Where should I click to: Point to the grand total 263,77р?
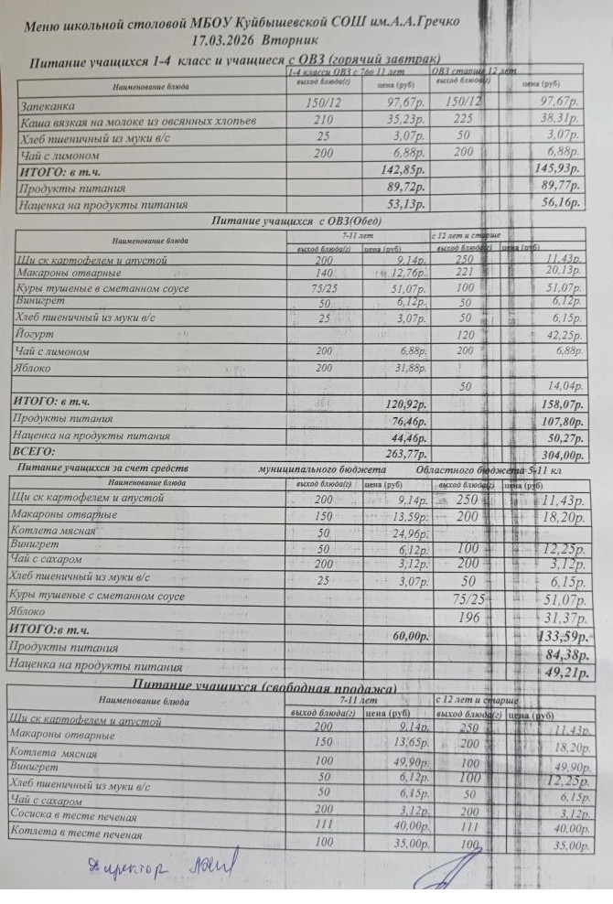pos(403,452)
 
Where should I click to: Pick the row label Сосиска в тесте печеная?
pos(73,817)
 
